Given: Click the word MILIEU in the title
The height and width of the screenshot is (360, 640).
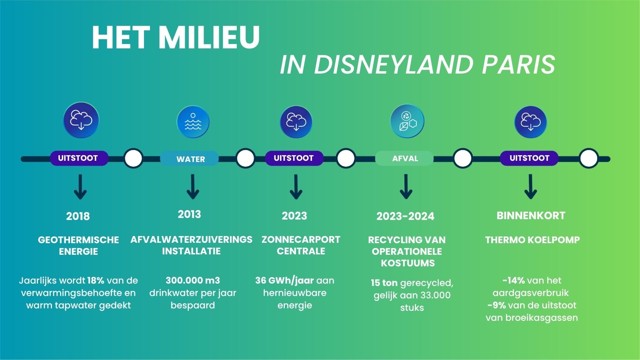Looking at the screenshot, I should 209,38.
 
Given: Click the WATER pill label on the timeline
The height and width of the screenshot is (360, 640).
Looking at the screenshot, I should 190,159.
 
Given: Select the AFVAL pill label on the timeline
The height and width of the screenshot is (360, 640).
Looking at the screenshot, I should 405,158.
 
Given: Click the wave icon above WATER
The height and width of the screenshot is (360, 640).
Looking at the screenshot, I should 193,122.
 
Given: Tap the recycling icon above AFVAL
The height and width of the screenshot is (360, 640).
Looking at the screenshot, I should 407,121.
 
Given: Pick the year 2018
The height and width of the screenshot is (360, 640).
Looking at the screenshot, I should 78,216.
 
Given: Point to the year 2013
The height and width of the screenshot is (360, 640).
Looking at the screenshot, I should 189,214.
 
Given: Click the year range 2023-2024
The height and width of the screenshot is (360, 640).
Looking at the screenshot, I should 405,216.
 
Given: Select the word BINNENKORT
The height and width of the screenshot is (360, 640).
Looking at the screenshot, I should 531,216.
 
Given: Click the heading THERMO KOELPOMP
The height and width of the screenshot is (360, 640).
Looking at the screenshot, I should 532,240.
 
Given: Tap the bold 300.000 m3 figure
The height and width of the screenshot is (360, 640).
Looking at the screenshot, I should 193,280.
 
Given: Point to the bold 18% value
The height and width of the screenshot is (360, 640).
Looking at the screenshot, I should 96,280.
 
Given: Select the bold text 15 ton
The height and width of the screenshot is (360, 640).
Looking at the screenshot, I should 384,283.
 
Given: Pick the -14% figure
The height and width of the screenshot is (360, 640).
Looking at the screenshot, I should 514,280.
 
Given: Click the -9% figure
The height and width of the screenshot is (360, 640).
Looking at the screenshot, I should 497,305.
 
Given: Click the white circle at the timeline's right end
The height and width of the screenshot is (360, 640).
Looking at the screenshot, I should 588,158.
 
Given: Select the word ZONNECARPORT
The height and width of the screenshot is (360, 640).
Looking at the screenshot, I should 301,240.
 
